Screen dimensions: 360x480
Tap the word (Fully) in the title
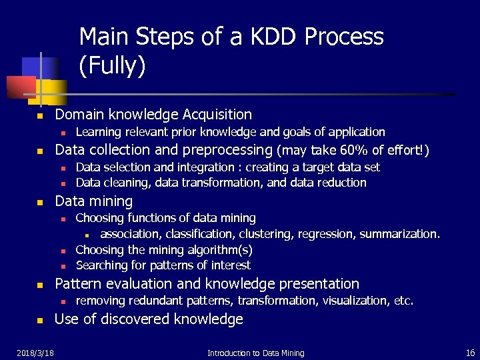[112, 65]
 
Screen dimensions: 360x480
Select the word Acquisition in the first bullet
[215, 115]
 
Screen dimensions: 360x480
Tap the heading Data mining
[93, 201]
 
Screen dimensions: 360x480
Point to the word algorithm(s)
[215, 249]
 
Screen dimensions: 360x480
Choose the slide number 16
[469, 352]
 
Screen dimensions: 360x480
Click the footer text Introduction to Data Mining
[255, 353]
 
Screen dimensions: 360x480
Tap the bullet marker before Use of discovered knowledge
[40, 321]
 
